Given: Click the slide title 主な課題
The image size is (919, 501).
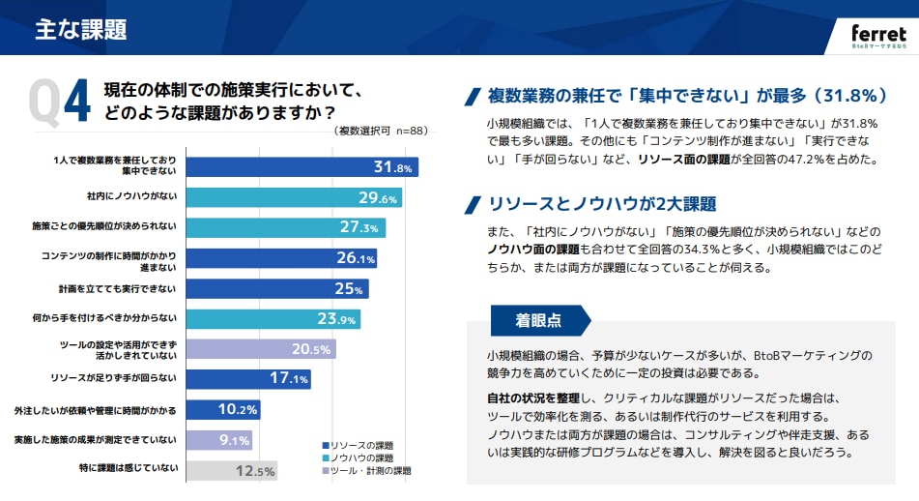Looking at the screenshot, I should coord(81,29).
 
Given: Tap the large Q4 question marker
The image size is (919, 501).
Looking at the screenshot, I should coord(60,103).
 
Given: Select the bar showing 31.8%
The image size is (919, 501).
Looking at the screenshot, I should coord(301,167).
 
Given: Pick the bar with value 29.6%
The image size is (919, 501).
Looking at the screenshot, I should coord(293,198).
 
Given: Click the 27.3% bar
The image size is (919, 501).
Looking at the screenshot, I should coord(285,228).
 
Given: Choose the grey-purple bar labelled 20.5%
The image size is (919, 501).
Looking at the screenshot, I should coord(260,349).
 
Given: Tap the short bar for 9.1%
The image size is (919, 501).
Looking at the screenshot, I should coord(218,440).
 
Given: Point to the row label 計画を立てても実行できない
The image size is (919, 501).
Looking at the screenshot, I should coord(118,288).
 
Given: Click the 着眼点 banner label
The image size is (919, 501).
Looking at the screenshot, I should coord(538,320).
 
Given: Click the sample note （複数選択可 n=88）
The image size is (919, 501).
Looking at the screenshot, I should coord(381,131).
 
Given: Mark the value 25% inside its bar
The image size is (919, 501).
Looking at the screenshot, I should coord(348,288).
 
